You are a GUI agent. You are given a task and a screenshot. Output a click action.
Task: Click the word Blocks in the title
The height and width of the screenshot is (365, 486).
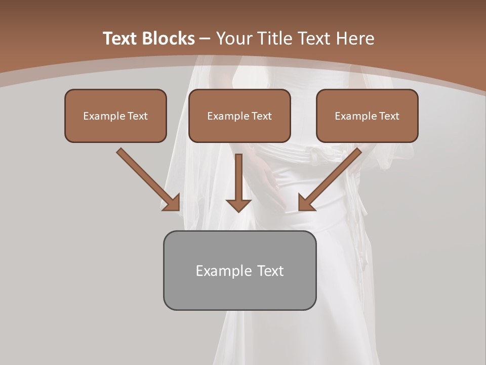(169, 39)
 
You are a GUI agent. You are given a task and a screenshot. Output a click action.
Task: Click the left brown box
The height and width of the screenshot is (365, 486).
(115, 130)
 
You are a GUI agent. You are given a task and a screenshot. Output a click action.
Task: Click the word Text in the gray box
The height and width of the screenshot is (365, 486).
(270, 271)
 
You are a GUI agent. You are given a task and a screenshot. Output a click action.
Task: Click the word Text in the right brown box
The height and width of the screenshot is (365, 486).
(389, 116)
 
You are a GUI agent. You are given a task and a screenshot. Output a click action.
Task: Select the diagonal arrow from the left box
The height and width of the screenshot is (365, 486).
(147, 178)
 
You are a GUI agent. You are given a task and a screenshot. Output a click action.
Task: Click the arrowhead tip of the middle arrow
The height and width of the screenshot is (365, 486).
(238, 210)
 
